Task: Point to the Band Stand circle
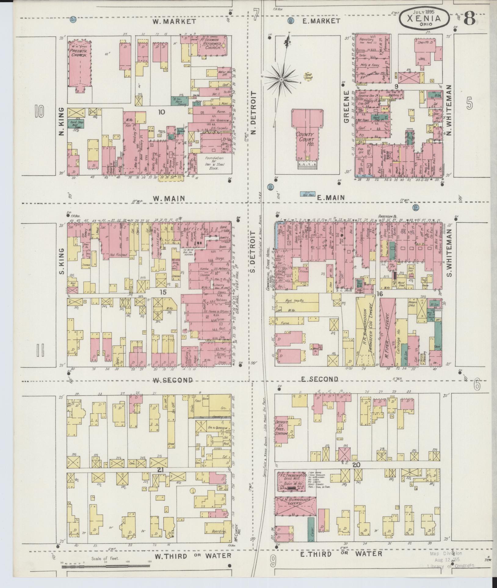tap(308, 76)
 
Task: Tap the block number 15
tap(163, 292)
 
